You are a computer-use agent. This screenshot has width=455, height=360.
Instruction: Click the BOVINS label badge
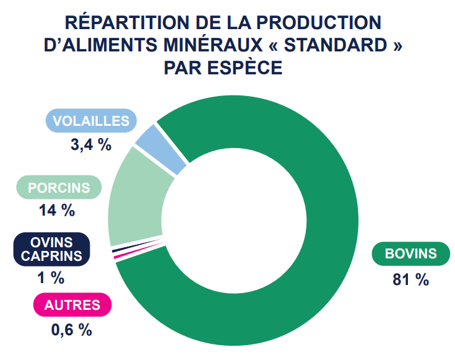(x=410, y=253)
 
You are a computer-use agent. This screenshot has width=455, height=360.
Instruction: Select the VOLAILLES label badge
(x=91, y=121)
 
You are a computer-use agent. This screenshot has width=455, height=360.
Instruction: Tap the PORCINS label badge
(x=59, y=188)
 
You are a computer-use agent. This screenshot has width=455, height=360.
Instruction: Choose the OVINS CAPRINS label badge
(x=51, y=248)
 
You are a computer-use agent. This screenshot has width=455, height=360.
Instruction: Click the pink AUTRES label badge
(x=72, y=305)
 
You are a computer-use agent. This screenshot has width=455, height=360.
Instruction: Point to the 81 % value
(x=410, y=279)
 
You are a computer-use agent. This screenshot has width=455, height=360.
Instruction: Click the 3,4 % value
(x=91, y=145)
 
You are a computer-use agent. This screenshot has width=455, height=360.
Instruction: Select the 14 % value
(x=56, y=210)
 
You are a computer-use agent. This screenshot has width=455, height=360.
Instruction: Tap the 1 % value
(x=51, y=278)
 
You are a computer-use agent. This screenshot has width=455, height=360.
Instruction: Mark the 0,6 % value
(x=72, y=330)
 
